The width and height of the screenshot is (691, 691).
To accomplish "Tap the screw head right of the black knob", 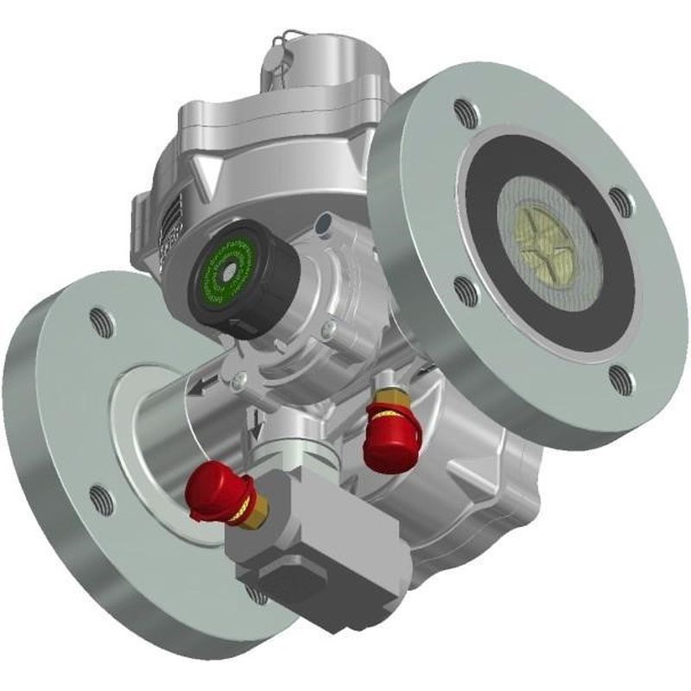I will (x=326, y=330).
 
